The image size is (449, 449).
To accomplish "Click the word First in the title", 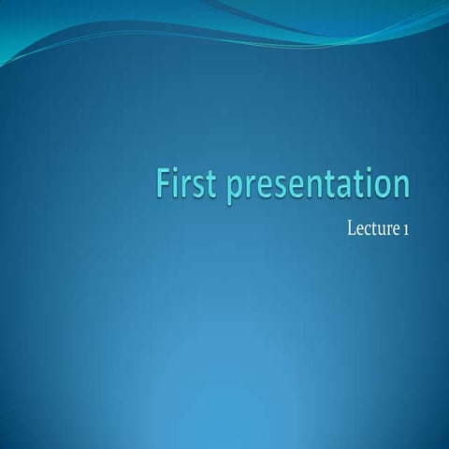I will pyautogui.click(x=186, y=184).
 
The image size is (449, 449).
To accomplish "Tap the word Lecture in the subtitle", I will pyautogui.click(x=371, y=228).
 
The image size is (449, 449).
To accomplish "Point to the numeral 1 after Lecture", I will pyautogui.click(x=405, y=229).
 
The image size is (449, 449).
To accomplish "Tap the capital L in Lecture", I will pyautogui.click(x=351, y=228).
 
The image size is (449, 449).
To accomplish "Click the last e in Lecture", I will pyautogui.click(x=396, y=230).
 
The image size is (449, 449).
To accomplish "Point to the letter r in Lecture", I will pyautogui.click(x=389, y=230).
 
